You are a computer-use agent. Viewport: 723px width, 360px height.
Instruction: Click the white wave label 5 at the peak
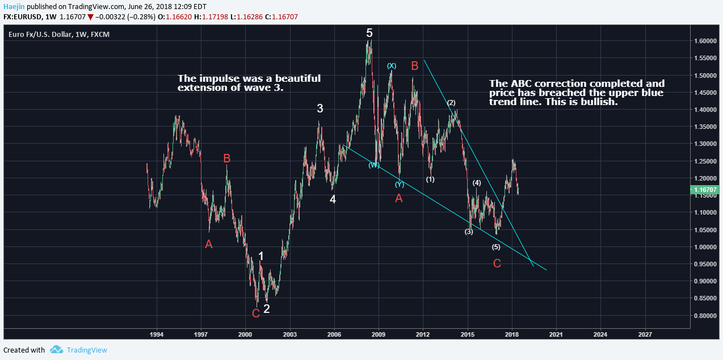(x=369, y=33)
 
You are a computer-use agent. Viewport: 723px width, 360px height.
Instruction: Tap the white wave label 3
(x=320, y=108)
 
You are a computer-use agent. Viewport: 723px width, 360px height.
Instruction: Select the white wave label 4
(x=333, y=199)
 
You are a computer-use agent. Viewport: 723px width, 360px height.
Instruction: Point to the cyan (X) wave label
(x=392, y=66)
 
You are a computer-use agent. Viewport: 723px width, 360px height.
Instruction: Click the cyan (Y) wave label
(x=400, y=184)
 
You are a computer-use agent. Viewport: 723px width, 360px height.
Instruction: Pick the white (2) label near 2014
(x=451, y=103)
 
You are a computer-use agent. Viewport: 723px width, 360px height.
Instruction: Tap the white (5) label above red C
(x=496, y=247)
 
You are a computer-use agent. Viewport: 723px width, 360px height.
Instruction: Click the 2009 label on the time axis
(x=379, y=334)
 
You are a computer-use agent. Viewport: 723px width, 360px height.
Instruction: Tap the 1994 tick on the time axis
(x=157, y=334)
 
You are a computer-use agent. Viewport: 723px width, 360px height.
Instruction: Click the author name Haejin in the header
(x=14, y=6)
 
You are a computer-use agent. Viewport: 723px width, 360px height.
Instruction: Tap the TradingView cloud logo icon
(x=56, y=350)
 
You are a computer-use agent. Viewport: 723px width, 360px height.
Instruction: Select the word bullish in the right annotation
(x=599, y=102)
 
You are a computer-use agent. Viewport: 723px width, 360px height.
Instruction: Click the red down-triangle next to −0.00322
(x=90, y=17)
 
